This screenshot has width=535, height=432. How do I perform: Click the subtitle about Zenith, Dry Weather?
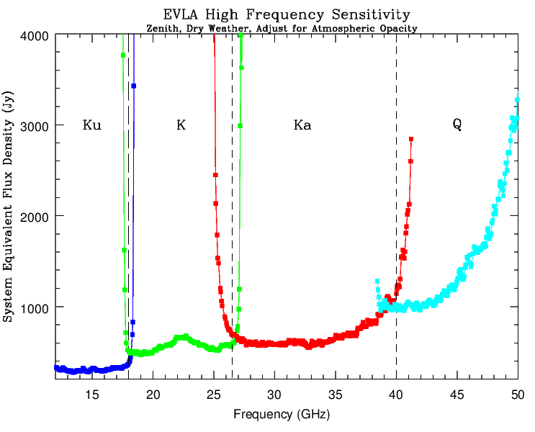click(282, 28)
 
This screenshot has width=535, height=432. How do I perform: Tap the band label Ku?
click(92, 125)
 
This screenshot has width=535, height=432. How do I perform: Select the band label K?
click(181, 125)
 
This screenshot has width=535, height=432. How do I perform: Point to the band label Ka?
click(302, 125)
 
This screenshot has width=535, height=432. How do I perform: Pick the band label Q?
click(457, 125)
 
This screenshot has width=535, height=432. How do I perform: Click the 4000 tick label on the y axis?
click(35, 35)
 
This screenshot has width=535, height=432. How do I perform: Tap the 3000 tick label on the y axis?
click(35, 125)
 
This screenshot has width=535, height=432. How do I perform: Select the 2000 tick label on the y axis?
click(35, 216)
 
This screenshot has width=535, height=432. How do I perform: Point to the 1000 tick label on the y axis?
click(35, 307)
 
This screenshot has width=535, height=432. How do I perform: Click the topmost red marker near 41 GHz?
click(411, 139)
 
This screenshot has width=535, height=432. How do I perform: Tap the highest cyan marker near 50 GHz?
click(518, 99)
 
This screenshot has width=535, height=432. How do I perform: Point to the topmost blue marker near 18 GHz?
click(134, 86)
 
